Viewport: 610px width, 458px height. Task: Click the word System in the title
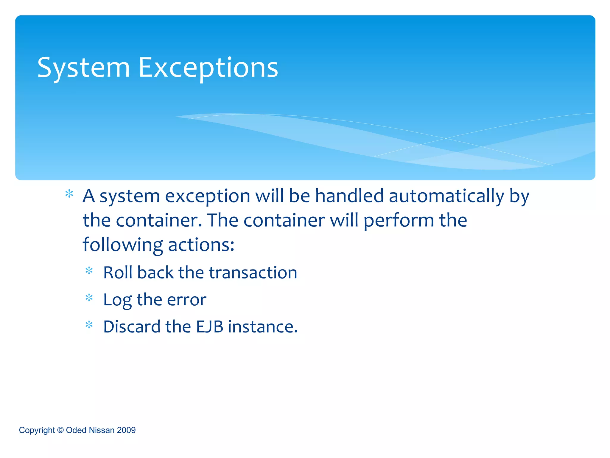83,68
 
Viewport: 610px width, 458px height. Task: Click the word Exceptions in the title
208,68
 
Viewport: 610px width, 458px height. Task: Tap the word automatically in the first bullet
446,196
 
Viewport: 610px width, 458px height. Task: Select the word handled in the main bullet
349,196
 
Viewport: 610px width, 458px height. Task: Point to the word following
122,245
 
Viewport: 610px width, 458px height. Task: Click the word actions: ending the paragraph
201,245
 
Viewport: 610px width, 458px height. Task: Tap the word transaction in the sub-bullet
253,273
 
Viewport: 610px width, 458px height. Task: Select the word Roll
118,273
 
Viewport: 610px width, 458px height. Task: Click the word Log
117,300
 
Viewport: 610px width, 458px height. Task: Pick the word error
186,300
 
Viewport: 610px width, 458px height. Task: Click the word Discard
132,327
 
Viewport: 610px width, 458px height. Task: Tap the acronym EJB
209,327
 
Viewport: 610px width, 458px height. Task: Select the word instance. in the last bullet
263,327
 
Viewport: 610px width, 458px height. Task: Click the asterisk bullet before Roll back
89,271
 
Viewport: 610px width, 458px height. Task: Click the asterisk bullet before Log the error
89,298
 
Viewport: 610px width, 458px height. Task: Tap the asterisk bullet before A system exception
69,194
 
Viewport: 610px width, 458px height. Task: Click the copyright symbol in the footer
60,430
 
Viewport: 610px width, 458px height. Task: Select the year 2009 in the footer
126,430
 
